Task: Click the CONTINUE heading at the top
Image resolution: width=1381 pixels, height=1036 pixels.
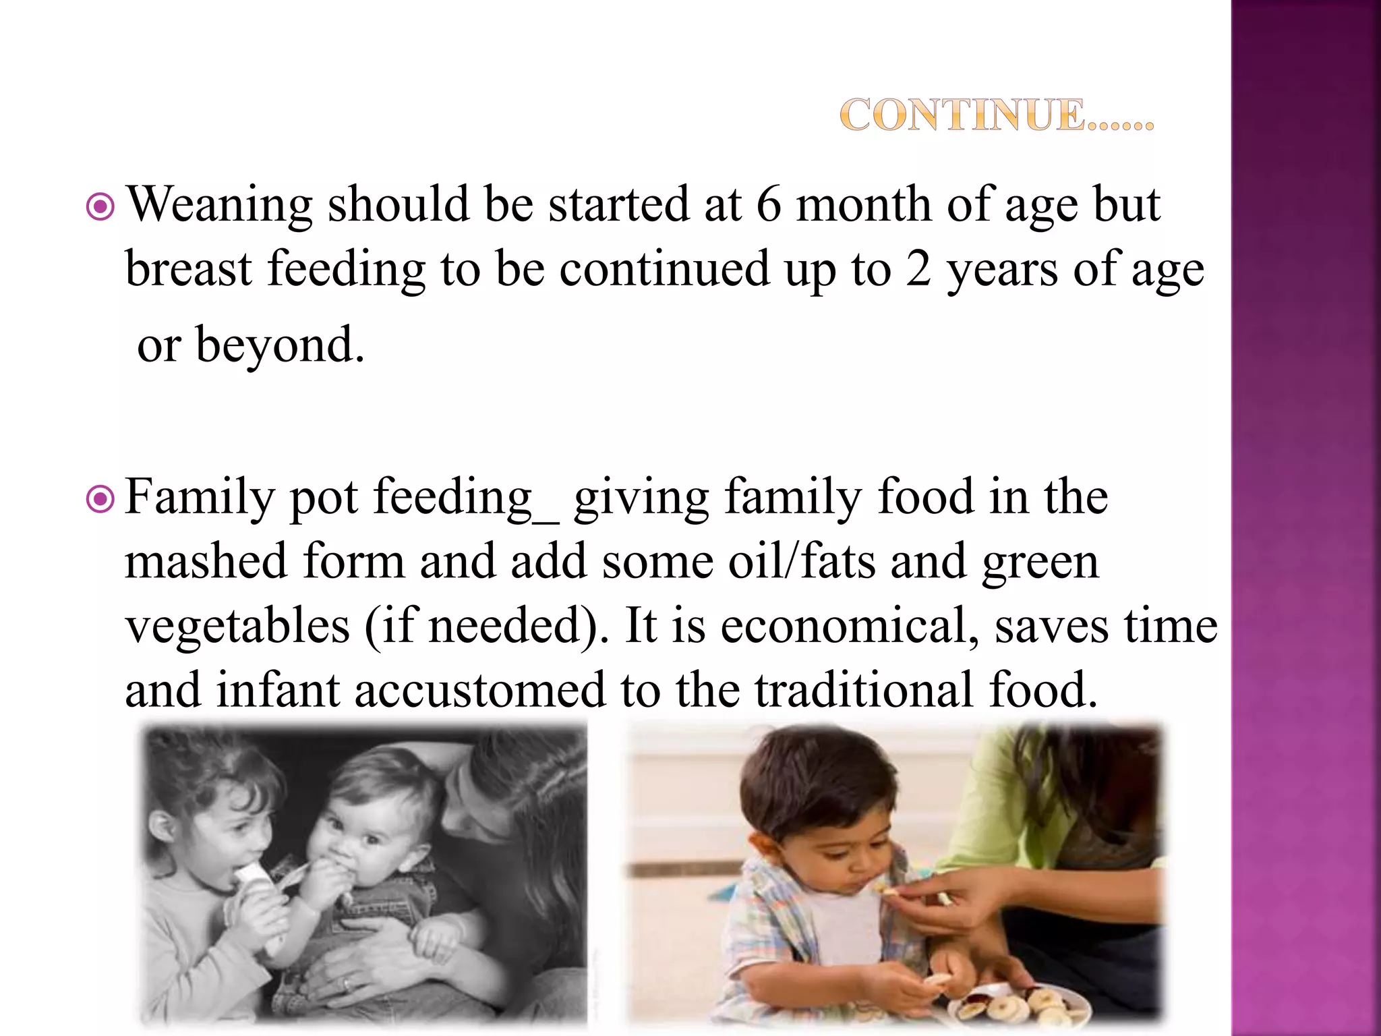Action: pos(997,115)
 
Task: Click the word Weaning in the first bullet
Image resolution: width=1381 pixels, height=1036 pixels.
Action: pos(220,204)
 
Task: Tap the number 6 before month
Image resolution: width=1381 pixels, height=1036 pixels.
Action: pos(769,204)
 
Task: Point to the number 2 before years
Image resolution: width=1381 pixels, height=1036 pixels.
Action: pos(918,269)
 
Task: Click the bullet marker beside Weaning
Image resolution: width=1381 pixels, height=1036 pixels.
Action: pos(101,207)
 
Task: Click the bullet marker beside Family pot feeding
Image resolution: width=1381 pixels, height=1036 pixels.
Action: pos(101,499)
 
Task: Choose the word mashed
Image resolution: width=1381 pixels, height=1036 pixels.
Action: pos(206,561)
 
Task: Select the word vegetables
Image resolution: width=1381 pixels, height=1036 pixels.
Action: pos(238,626)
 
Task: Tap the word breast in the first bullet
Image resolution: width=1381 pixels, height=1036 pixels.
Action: pos(189,269)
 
